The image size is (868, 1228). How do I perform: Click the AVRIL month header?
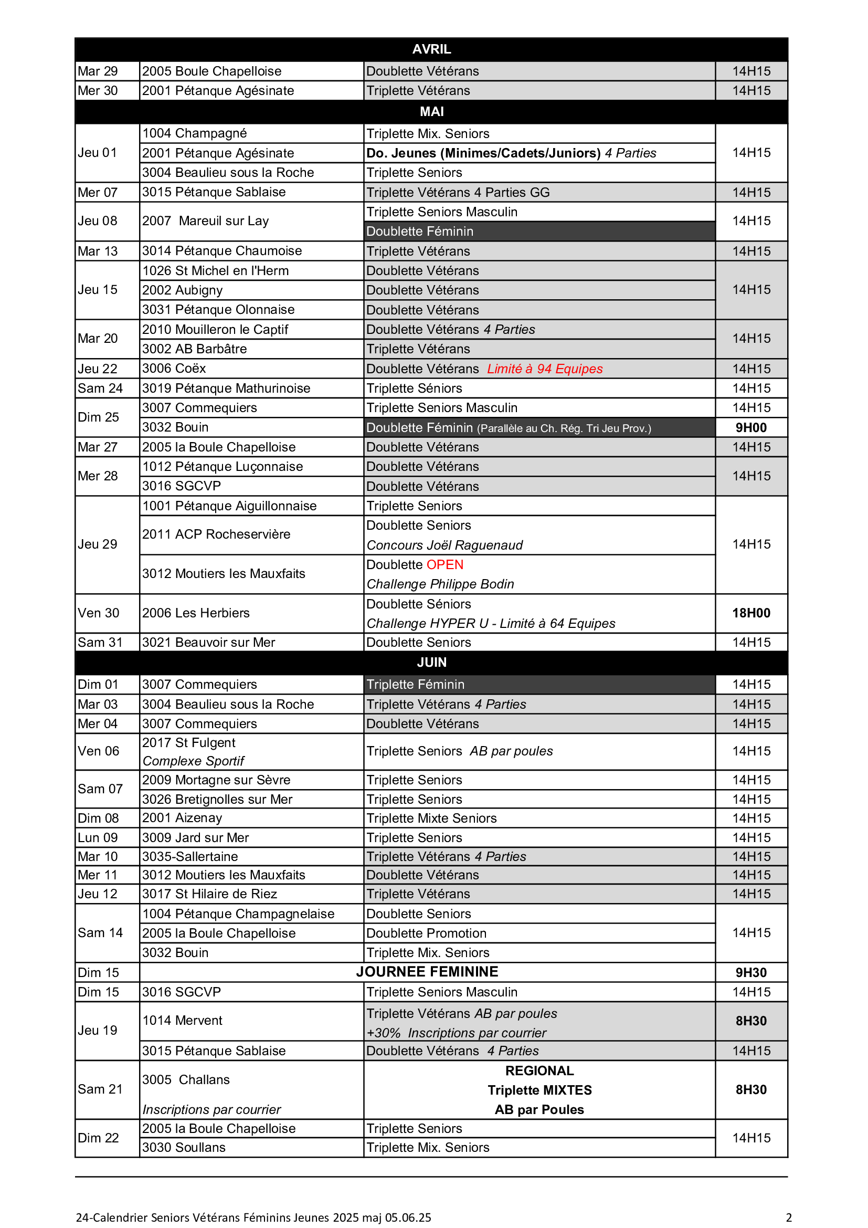[x=431, y=49]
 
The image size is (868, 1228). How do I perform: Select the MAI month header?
[x=431, y=111]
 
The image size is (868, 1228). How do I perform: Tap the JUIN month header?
[x=431, y=662]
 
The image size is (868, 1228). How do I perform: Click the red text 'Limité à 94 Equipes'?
[x=545, y=369]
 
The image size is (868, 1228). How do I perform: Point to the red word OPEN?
[x=444, y=564]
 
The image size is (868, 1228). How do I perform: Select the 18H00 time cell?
[x=751, y=613]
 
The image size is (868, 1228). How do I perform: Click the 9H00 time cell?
[x=751, y=427]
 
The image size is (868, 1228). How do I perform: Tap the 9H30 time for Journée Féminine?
[x=751, y=972]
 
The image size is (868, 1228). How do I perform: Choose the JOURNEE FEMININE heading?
[x=427, y=971]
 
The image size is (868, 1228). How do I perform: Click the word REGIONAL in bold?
[x=539, y=1070]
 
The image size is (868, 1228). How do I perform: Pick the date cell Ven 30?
[x=98, y=613]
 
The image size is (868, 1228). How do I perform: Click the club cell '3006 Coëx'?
[x=174, y=369]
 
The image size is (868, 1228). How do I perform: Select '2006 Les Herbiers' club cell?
[x=196, y=613]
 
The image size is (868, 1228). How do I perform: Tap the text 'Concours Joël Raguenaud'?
[x=444, y=545]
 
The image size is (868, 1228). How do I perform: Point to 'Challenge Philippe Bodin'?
[x=440, y=584]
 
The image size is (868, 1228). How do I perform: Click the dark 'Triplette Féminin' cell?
[x=415, y=684]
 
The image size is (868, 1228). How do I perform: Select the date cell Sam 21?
[x=100, y=1089]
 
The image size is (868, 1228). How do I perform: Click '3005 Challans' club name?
[x=185, y=1079]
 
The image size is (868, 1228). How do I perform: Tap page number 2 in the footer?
[x=789, y=1217]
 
